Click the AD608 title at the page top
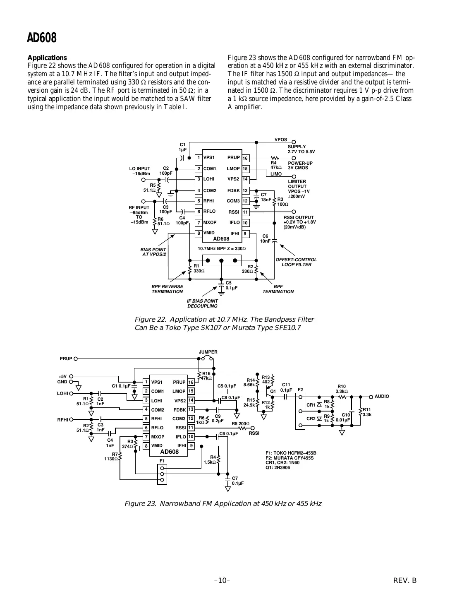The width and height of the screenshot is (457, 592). tap(41, 38)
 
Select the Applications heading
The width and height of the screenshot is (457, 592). tap(47, 58)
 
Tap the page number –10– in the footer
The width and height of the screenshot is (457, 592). tap(222, 580)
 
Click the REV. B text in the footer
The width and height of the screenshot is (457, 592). tap(405, 580)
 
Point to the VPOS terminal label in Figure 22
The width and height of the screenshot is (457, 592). tap(281, 140)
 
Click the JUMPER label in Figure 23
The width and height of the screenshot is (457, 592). tap(208, 352)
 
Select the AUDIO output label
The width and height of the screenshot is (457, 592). tap(381, 396)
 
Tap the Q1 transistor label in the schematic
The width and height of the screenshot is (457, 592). tap(273, 391)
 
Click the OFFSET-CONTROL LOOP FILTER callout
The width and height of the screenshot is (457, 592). tap(296, 262)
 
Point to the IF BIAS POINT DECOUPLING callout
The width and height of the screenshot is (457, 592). tap(202, 303)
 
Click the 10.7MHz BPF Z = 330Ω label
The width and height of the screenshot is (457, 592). tap(222, 248)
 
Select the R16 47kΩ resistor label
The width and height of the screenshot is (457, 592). tap(206, 376)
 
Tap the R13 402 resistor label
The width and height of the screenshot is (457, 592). tap(266, 379)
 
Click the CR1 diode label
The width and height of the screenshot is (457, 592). tap(311, 405)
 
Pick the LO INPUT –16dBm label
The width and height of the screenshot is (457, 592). tap(140, 171)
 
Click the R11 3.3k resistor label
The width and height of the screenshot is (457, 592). tap(367, 412)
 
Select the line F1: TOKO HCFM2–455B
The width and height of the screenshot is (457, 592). tap(291, 453)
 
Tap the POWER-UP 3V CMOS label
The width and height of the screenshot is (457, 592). tap(300, 165)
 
